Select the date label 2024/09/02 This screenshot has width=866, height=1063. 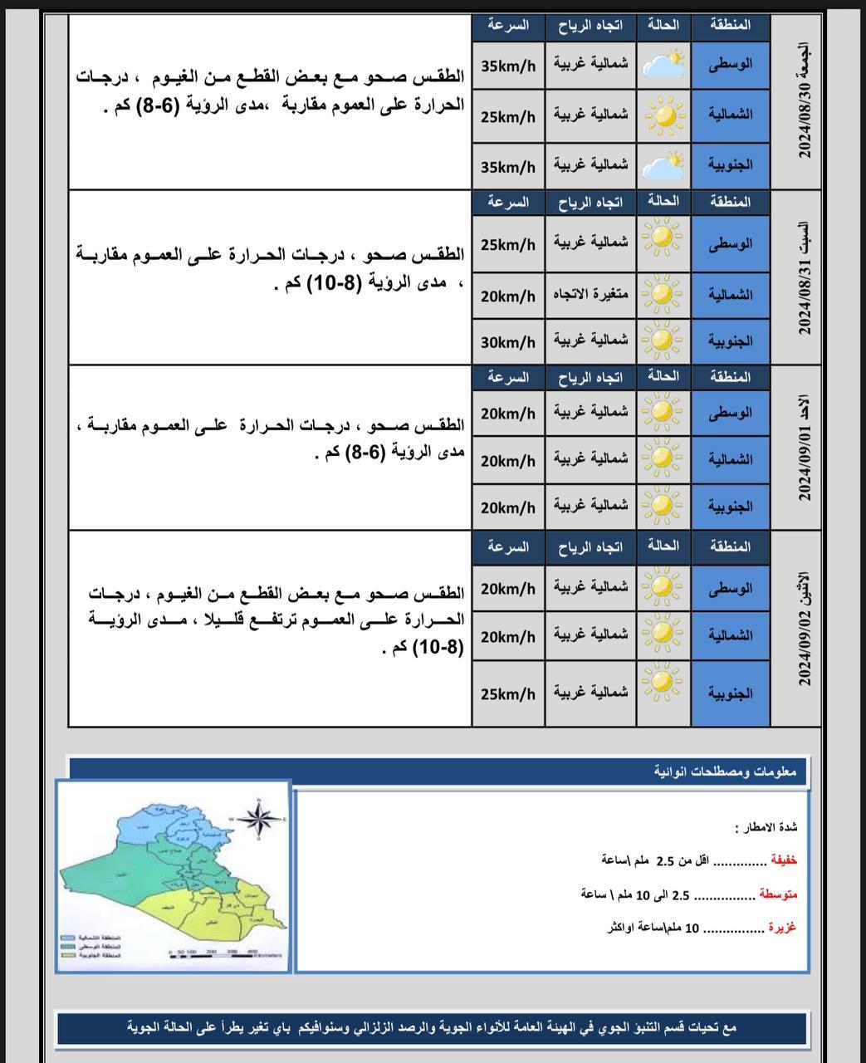click(x=803, y=629)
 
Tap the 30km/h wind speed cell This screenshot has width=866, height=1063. click(x=508, y=342)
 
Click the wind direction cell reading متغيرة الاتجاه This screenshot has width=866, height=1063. click(x=590, y=295)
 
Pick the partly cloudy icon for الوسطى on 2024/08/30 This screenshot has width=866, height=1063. click(x=663, y=64)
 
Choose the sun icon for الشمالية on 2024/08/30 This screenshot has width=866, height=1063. click(x=663, y=115)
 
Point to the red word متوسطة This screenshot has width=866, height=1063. click(x=778, y=894)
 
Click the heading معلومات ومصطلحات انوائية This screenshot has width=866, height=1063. click(x=725, y=772)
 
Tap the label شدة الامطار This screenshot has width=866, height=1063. click(x=766, y=827)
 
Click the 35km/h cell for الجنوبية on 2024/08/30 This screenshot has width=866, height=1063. click(x=508, y=167)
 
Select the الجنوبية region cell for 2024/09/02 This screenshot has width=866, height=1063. click(x=731, y=693)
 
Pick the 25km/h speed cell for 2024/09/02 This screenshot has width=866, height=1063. click(x=508, y=693)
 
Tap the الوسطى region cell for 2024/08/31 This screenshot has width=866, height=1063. click(x=731, y=244)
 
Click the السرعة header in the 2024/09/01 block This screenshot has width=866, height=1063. click(x=508, y=377)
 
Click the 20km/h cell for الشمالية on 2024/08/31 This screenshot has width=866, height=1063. click(x=508, y=295)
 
